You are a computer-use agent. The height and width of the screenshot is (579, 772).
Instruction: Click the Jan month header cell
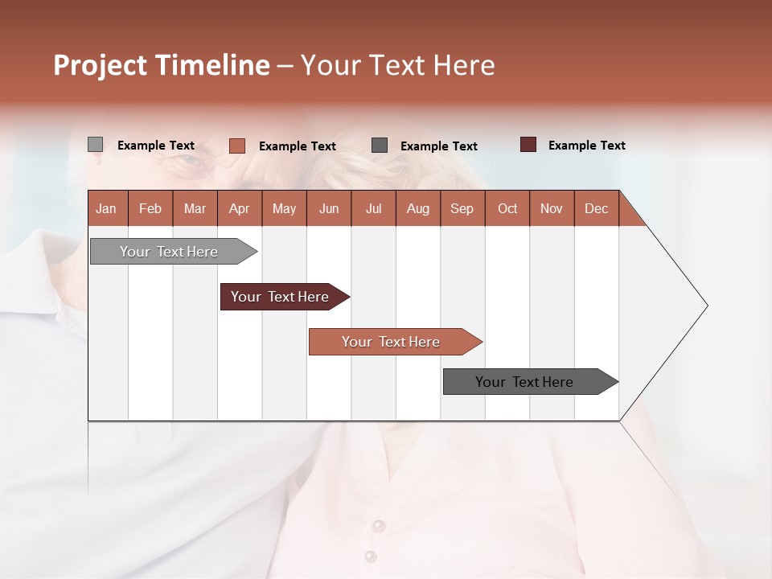[x=106, y=208]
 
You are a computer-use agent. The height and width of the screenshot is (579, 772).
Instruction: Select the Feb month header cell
[x=150, y=208]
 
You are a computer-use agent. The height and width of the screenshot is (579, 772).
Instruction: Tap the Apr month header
[x=239, y=208]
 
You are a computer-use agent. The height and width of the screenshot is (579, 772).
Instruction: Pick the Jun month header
[x=329, y=208]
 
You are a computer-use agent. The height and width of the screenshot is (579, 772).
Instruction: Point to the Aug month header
[x=417, y=208]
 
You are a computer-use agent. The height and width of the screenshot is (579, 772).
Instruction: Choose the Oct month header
[x=507, y=208]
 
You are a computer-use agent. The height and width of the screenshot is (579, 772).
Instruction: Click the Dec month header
[x=596, y=208]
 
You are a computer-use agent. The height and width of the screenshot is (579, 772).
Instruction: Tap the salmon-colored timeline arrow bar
[x=392, y=342]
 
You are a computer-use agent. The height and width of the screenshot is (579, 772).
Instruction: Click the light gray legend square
[x=95, y=145]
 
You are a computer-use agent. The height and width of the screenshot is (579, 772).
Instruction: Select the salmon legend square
[x=236, y=146]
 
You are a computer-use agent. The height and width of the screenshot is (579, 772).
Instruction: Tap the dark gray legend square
[x=380, y=146]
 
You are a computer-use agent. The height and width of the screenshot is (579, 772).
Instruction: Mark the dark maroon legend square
[x=528, y=145]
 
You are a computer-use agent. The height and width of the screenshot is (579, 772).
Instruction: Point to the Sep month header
[x=462, y=208]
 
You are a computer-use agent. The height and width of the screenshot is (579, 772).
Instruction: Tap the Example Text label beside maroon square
[x=586, y=146]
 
